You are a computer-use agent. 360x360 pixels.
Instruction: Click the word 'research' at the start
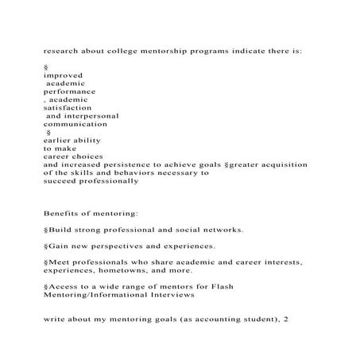pos(61,50)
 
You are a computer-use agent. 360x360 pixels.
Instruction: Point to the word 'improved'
pos(63,75)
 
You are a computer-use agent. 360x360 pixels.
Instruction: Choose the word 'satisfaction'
pos(68,108)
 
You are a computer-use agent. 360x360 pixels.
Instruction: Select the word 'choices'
pos(85,157)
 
